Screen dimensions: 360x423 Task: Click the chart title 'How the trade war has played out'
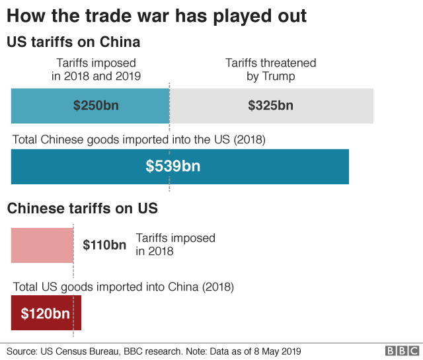point(157,16)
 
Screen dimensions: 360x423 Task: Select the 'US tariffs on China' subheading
point(73,42)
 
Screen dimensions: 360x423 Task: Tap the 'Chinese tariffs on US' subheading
point(82,209)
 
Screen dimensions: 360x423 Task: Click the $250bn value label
point(96,105)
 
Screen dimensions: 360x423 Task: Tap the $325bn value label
point(270,105)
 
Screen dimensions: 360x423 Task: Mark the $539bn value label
point(173,166)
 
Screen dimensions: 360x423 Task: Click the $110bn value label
point(104,245)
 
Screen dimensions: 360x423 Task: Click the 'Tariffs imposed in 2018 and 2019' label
point(96,69)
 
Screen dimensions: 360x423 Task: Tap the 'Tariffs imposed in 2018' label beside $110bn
point(175,244)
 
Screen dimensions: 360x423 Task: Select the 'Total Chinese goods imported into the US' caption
point(139,140)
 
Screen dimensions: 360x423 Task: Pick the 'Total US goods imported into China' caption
point(124,287)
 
